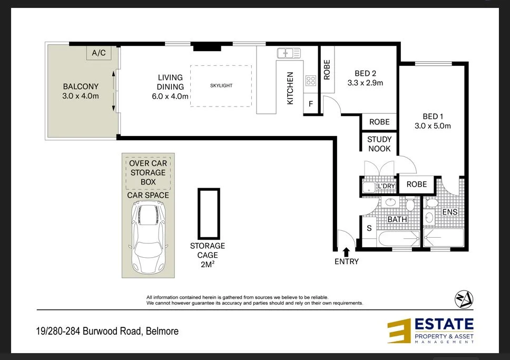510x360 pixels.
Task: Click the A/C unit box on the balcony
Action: point(99,53)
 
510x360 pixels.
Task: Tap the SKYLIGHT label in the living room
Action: point(221,85)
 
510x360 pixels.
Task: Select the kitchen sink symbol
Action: point(289,53)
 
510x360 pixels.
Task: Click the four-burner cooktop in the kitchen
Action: point(311,81)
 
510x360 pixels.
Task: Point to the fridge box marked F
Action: point(311,104)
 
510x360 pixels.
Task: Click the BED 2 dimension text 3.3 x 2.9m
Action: point(365,83)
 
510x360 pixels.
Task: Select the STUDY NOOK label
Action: point(379,144)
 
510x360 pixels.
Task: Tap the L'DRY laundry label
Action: point(387,186)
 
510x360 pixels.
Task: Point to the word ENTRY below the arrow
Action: point(347,261)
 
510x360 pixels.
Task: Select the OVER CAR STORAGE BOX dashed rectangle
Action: point(148,172)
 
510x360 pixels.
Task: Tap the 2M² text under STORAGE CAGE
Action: point(208,265)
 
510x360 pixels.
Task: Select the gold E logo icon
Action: point(399,331)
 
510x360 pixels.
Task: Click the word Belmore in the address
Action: point(162,331)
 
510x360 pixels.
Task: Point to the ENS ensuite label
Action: point(449,212)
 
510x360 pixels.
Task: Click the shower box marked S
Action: point(369,228)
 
